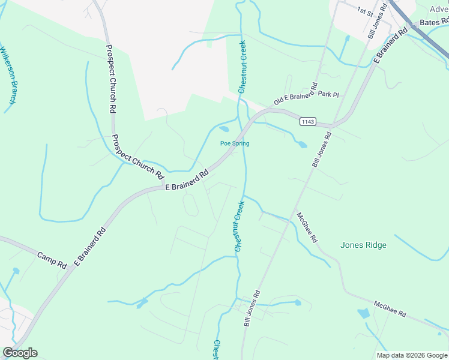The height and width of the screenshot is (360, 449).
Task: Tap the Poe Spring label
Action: tap(234, 143)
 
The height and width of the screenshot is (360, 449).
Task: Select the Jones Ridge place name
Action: tap(363, 245)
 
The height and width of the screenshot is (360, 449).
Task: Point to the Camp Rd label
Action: tap(52, 259)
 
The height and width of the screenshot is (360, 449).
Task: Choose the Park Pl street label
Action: tap(329, 94)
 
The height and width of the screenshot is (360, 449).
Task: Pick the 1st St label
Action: tap(365, 11)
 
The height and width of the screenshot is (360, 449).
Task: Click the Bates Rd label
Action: tap(433, 22)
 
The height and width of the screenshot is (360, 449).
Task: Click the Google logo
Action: tap(20, 353)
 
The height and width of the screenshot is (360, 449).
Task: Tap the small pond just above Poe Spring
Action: tap(224, 128)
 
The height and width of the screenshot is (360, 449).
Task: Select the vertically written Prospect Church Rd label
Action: tap(111, 80)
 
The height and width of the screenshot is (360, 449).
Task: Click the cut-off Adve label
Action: tap(439, 8)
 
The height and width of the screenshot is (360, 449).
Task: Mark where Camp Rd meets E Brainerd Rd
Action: tap(71, 268)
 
